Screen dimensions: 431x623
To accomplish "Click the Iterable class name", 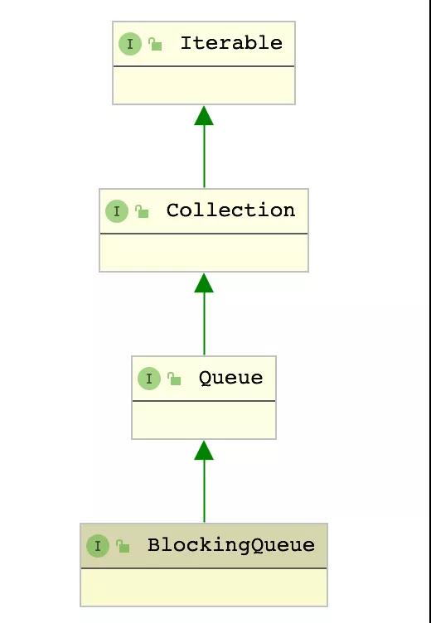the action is (x=231, y=43).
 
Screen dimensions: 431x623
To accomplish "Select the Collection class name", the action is (x=230, y=210).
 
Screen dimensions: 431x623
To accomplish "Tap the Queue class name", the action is (x=230, y=378).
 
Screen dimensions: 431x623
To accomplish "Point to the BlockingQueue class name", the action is (x=231, y=545).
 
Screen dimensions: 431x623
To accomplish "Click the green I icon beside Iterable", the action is (x=130, y=44).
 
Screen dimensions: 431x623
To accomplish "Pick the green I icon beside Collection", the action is (x=117, y=211).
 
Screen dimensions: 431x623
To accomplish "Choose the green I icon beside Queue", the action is (x=149, y=379).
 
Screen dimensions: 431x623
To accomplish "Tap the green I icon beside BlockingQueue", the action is (x=98, y=546).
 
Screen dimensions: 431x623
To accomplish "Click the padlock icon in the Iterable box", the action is (x=155, y=44).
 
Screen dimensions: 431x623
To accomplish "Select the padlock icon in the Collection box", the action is (x=142, y=211).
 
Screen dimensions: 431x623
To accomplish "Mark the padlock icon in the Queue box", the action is (x=174, y=379).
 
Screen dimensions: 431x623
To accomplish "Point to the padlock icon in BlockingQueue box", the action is (x=123, y=546).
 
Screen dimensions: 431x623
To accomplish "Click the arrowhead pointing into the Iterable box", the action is (x=204, y=116).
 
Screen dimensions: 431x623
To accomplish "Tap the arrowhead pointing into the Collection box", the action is (x=204, y=283).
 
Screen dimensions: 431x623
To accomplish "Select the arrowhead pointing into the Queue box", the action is (x=204, y=450).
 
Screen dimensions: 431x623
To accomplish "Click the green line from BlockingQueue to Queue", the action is (x=205, y=491).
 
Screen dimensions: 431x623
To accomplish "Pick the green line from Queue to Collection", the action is (x=205, y=324).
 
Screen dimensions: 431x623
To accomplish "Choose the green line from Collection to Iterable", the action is (x=205, y=156).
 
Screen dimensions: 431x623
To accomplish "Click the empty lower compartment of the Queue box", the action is (x=204, y=420).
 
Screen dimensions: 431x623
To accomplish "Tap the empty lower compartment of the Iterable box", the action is (x=204, y=85).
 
